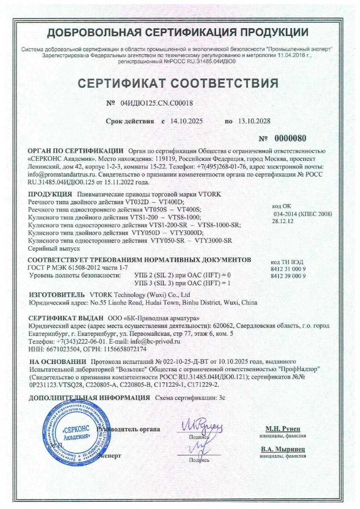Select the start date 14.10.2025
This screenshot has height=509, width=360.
(186, 121)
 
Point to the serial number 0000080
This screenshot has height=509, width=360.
(290, 139)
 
